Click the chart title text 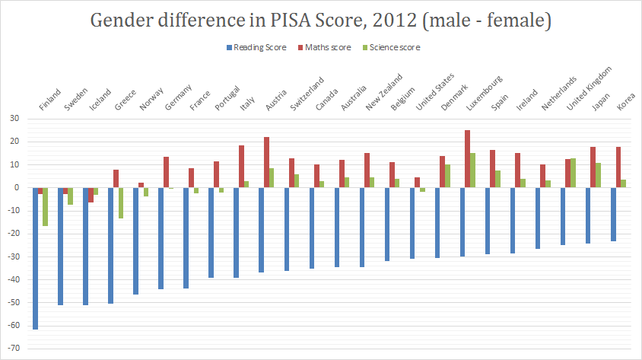pos(320,21)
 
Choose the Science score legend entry pos(393,47)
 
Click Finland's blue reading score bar pos(35,258)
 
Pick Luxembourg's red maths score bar pos(467,159)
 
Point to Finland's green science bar pos(45,206)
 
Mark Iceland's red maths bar pos(91,195)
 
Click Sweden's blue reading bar pos(60,246)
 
